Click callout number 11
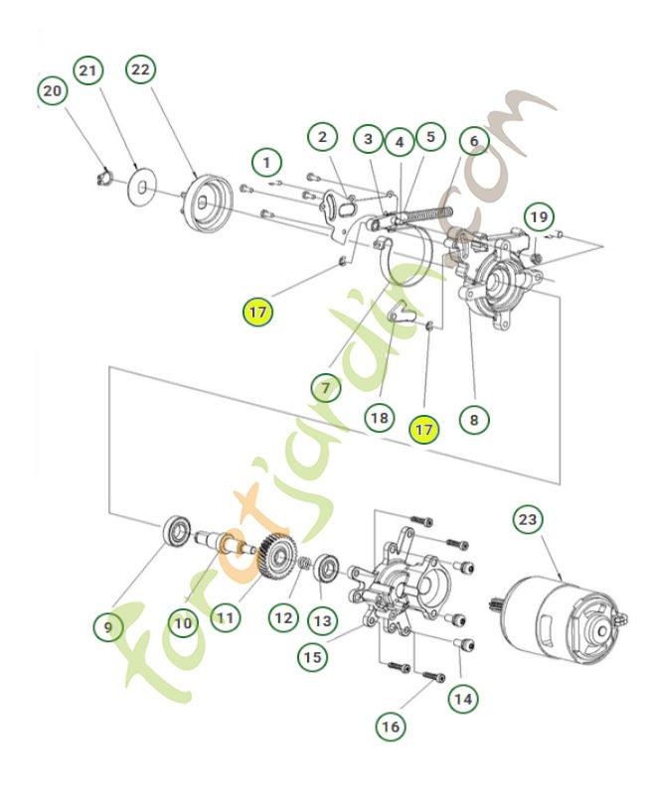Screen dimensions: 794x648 point(226,617)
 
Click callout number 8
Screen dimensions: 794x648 point(474,420)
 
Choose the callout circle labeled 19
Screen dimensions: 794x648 point(537,215)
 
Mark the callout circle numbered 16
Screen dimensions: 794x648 point(391,726)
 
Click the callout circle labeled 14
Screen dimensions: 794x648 point(461,699)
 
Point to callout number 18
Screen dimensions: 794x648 point(379,418)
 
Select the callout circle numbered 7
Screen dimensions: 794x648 point(324,384)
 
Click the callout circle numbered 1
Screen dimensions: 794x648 point(265,159)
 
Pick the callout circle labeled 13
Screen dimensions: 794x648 point(321,620)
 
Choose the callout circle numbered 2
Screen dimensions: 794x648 point(321,137)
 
